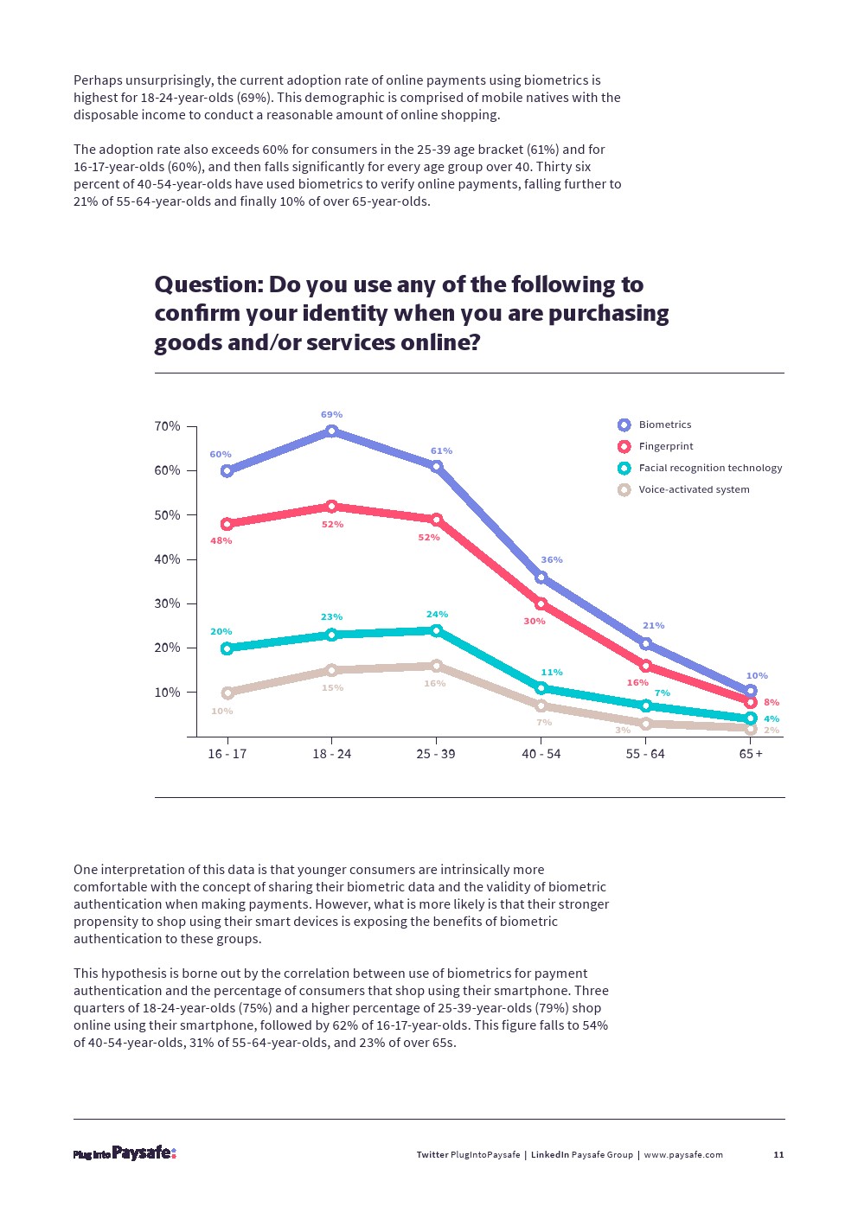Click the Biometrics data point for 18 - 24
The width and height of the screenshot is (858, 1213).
[331, 431]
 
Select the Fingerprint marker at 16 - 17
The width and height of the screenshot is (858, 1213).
[227, 524]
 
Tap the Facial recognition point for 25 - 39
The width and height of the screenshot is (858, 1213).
[436, 630]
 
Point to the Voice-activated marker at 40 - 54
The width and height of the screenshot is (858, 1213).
[541, 706]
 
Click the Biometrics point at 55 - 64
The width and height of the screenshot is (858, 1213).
[646, 643]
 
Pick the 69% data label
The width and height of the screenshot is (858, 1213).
[331, 415]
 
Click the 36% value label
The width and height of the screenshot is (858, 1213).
[552, 560]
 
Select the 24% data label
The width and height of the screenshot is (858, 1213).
[437, 615]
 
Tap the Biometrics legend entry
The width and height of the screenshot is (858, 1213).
[664, 425]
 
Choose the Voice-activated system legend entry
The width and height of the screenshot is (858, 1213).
[694, 489]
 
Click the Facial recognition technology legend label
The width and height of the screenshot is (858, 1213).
[710, 468]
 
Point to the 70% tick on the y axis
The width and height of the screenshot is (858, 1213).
[168, 426]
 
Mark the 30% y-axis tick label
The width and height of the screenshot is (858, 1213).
[168, 603]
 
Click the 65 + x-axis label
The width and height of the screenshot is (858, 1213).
[751, 754]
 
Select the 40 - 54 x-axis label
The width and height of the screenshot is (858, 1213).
[541, 754]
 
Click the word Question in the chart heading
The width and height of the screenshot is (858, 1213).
[208, 285]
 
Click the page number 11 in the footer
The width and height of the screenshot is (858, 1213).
[778, 1155]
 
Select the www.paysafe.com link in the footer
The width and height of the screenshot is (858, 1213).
[683, 1155]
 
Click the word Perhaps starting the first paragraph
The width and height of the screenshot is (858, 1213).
[99, 80]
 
